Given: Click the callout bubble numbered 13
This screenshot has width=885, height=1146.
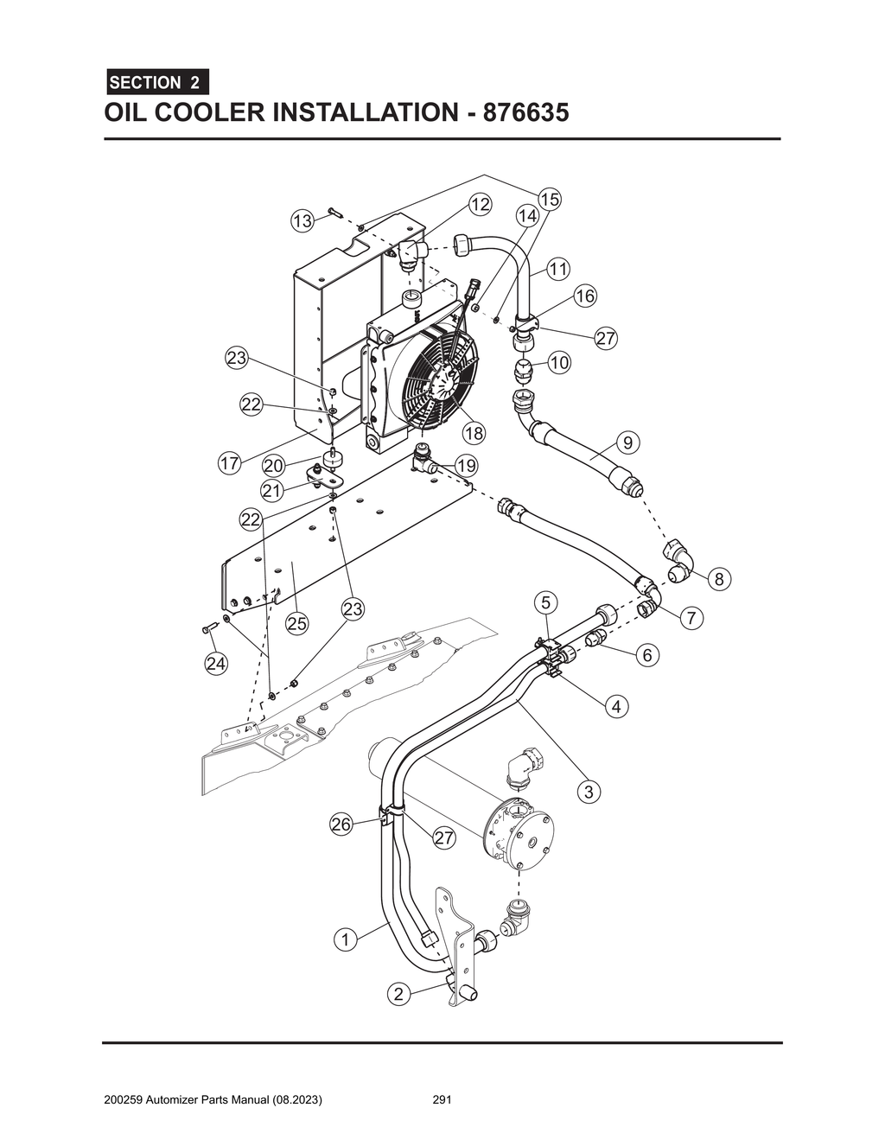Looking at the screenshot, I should pos(301,221).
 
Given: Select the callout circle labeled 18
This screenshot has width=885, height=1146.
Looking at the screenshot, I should pos(474,433).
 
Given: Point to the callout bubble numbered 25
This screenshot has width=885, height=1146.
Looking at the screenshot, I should pos(297,622).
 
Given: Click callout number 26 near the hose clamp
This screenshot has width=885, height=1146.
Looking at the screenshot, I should pos(341,824).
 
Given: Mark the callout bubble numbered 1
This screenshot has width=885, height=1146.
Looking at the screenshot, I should pos(345,939).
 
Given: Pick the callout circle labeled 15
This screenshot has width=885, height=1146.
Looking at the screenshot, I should pos(550,199).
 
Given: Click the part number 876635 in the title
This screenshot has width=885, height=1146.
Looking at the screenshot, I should pos(525,113).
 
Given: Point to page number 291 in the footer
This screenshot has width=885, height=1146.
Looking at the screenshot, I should pos(442,1100).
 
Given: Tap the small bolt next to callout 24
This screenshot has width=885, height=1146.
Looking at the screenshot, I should pos(208,628).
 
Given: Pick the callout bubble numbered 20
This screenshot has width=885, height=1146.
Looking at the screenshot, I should pos(274,466).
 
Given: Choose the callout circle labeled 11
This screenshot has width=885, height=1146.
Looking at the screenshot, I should pos(558,269).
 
